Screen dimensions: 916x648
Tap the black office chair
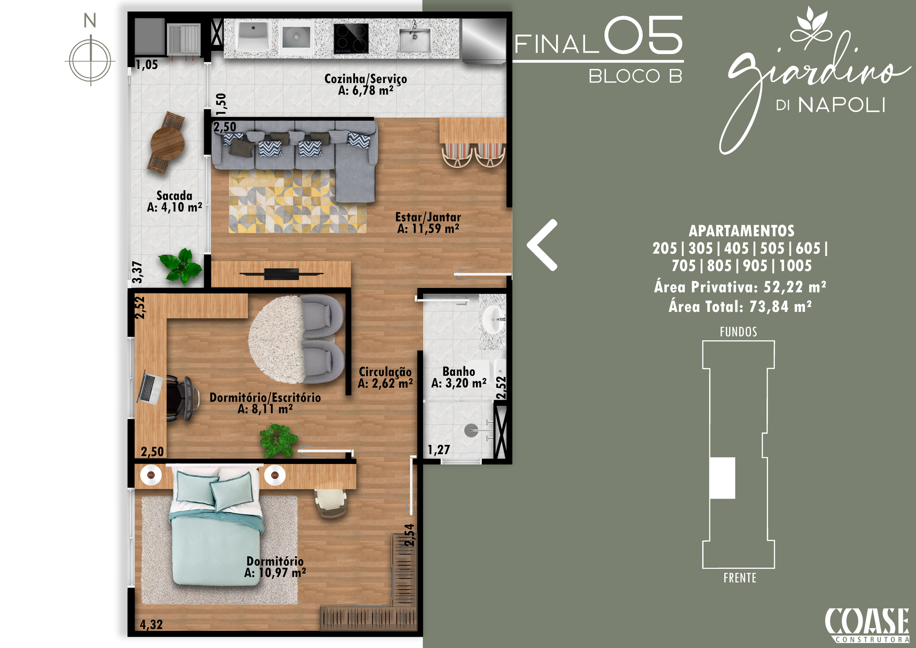pos(182,399)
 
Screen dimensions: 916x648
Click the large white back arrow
pos(543,245)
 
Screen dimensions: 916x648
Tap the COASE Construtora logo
pos(867,625)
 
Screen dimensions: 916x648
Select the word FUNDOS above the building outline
pos(738,332)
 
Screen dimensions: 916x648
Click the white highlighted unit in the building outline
pos(723,478)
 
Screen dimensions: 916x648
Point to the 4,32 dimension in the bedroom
pos(151,625)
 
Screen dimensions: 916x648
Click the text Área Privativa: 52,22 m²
pos(740,287)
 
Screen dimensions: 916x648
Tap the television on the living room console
pos(281,274)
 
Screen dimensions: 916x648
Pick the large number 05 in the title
pos(643,35)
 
